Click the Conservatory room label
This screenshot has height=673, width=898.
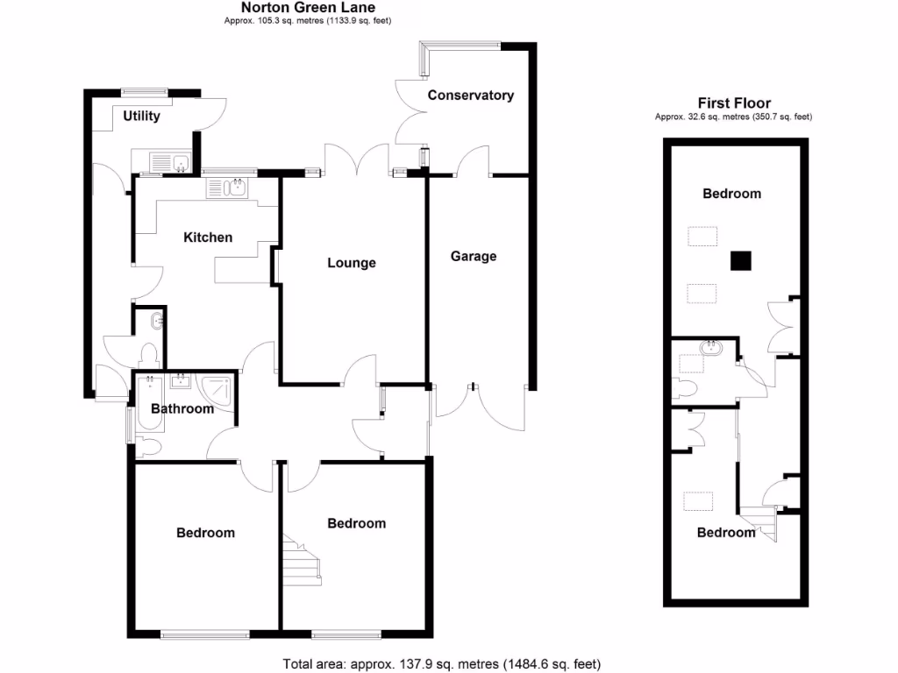point(470,95)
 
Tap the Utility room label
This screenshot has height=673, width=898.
point(141,116)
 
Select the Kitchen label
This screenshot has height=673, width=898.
point(208,237)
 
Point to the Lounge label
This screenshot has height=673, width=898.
point(352,262)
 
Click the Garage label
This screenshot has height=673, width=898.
point(474,256)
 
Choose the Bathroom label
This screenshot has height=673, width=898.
point(182,408)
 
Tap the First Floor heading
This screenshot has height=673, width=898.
point(733,103)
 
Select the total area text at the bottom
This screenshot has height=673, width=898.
point(441,663)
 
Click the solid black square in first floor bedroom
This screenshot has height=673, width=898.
point(742,260)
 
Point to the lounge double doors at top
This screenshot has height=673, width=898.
point(357,162)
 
